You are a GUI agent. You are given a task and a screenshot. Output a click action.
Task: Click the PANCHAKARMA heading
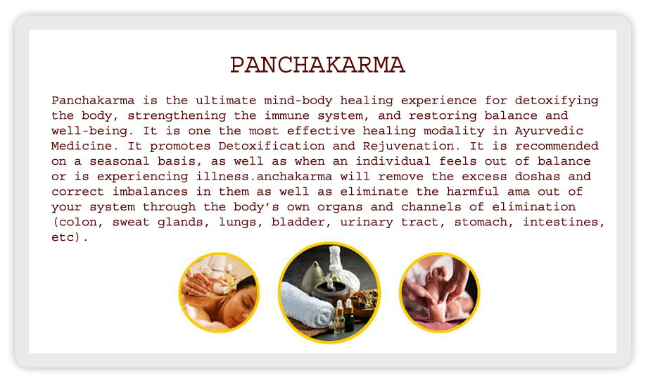point(317,65)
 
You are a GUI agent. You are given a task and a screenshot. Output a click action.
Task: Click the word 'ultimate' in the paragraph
point(226,100)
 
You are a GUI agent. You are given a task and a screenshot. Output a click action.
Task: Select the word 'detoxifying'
point(557,101)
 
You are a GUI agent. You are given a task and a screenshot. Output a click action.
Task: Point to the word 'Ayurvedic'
point(549,132)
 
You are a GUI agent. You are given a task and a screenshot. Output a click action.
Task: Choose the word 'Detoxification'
point(272,146)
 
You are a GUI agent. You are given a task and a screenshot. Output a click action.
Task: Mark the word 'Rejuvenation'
point(409,146)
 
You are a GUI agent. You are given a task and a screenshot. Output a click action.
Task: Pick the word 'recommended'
point(557,146)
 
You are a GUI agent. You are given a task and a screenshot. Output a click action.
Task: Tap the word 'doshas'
point(538,177)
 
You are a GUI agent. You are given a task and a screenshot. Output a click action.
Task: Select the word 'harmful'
point(473,191)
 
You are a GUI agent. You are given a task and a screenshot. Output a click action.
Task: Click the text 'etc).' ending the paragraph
point(70,237)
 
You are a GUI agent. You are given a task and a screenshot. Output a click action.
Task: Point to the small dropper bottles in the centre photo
point(343,316)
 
